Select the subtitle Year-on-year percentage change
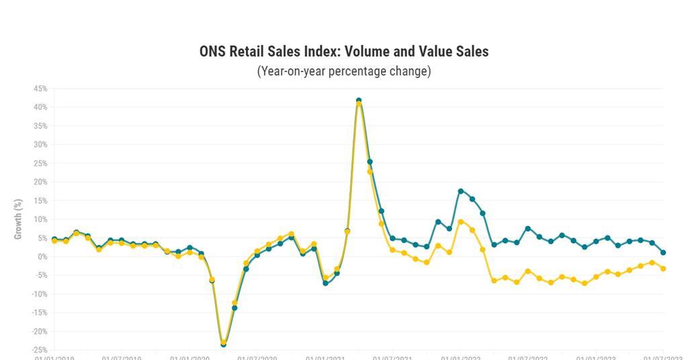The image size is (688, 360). tap(343, 71)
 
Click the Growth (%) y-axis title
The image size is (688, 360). tap(18, 219)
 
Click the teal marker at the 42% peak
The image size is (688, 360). tap(359, 101)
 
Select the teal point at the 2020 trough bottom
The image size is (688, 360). tap(224, 345)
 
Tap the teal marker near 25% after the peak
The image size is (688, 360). tap(370, 162)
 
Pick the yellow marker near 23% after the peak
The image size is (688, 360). tap(370, 172)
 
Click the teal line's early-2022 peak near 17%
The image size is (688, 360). tap(461, 191)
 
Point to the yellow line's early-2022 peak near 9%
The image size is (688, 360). tap(461, 222)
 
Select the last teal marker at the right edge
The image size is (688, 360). tap(663, 253)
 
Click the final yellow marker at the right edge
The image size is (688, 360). tap(663, 269)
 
